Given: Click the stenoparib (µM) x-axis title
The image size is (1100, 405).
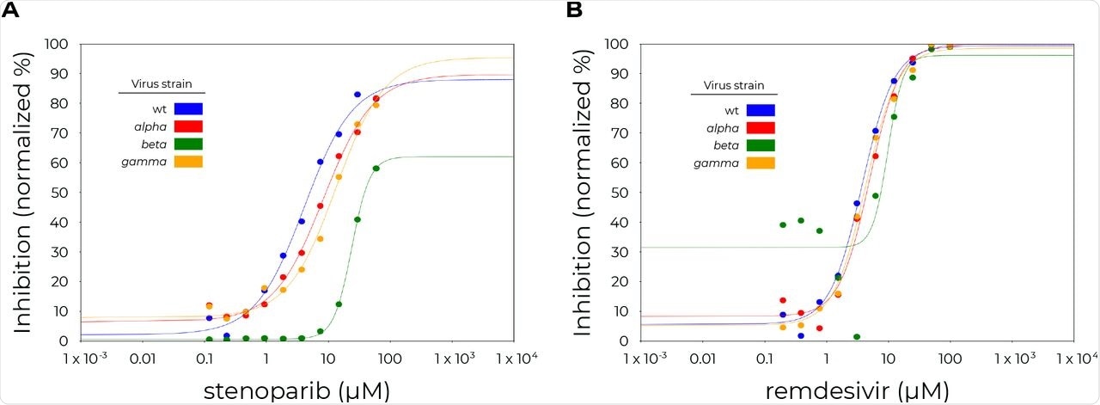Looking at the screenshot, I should [x=296, y=390].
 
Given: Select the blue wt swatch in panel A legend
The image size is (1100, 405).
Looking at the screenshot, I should [x=188, y=109].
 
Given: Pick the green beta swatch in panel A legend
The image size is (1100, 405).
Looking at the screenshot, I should [x=188, y=144].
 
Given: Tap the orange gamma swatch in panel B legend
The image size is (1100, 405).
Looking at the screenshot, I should [x=761, y=162].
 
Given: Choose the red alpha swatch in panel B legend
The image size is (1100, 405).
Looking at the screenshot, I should [x=761, y=127].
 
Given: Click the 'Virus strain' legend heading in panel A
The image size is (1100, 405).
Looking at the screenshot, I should [x=162, y=84].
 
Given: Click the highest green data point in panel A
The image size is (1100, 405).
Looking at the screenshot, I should [x=376, y=169].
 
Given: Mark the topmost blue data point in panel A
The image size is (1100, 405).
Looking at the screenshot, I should [x=357, y=95].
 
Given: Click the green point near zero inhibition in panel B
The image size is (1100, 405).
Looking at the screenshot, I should [x=857, y=336].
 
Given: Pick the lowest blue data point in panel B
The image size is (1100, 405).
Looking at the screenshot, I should [x=801, y=335].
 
